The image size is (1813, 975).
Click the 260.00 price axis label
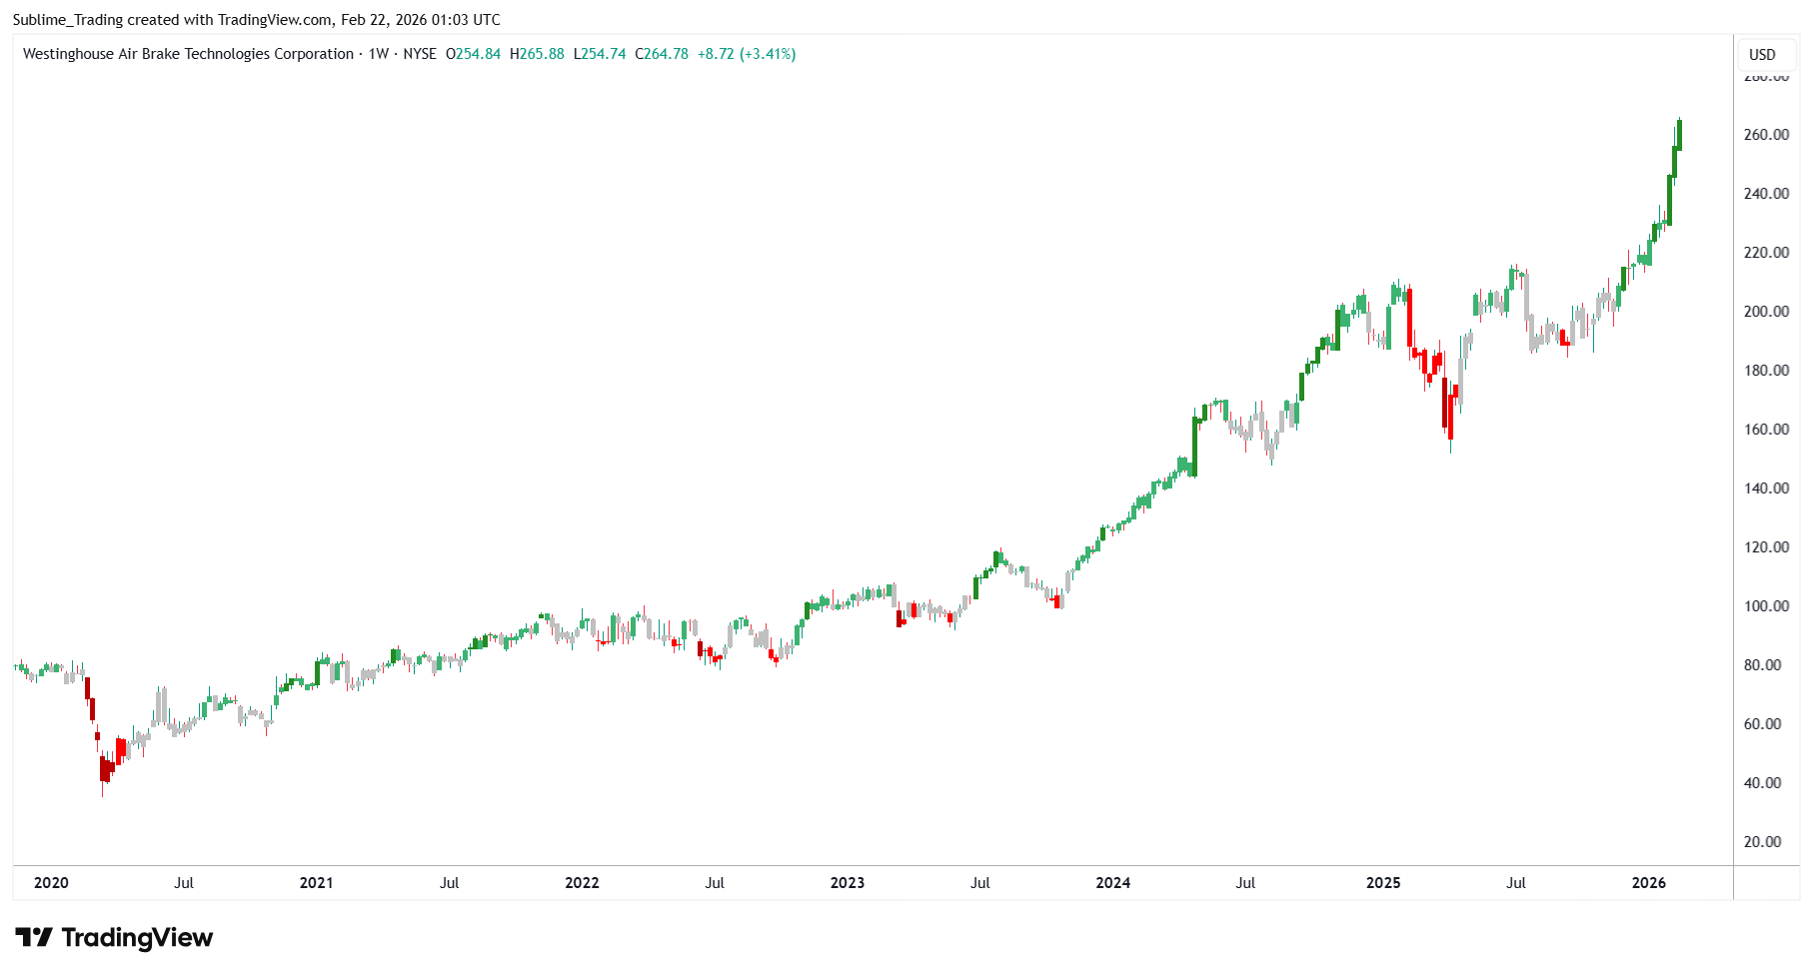coord(1766,135)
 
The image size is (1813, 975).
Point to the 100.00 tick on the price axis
coord(1766,606)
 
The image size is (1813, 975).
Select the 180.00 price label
coord(1766,371)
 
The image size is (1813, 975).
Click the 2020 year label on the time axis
coord(51,883)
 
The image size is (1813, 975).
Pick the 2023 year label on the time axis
coord(847,883)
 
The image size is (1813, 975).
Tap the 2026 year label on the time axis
coord(1648,883)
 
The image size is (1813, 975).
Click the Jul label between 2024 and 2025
coord(1245,883)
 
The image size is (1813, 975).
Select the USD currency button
coord(1762,55)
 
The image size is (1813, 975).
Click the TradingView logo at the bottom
coord(115,938)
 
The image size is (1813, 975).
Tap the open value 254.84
coord(478,54)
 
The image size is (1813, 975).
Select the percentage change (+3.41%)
coord(768,54)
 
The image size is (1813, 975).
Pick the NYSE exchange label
coord(420,54)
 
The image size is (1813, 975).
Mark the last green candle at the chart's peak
coord(1679,135)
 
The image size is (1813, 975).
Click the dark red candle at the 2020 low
coord(103,768)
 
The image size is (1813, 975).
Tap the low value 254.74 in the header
coord(604,54)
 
